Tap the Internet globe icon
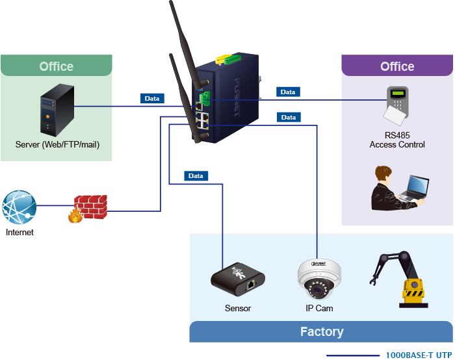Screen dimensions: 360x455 pyautogui.click(x=19, y=207)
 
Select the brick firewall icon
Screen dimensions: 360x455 pyautogui.click(x=88, y=207)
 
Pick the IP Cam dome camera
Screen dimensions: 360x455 pyautogui.click(x=319, y=279)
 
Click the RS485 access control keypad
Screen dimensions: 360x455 pyautogui.click(x=397, y=105)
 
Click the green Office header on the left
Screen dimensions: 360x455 pyautogui.click(x=57, y=66)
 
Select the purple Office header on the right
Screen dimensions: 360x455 pyautogui.click(x=397, y=66)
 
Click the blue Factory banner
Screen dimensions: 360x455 pyautogui.click(x=321, y=332)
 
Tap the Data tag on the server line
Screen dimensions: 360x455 pyautogui.click(x=151, y=99)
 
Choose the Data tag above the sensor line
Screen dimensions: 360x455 pyautogui.click(x=195, y=176)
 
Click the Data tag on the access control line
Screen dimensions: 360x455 pyautogui.click(x=287, y=92)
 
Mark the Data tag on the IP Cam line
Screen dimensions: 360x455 pyautogui.click(x=288, y=118)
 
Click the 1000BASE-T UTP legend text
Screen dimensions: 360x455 pyautogui.click(x=418, y=355)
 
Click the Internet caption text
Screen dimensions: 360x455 pyautogui.click(x=19, y=232)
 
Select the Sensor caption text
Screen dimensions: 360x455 pyautogui.click(x=238, y=308)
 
